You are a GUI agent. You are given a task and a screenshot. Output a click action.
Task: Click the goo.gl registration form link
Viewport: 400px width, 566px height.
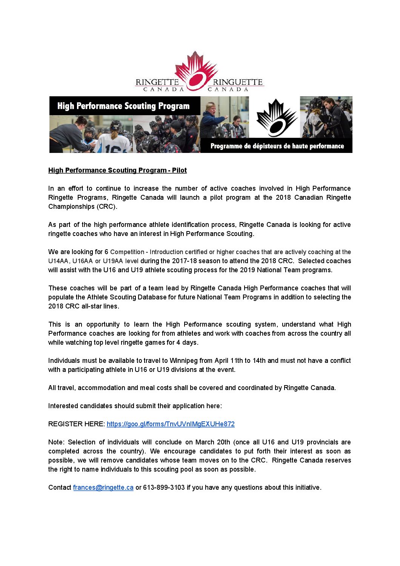(171, 424)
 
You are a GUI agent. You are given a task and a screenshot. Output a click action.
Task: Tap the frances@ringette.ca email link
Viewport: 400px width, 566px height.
(103, 487)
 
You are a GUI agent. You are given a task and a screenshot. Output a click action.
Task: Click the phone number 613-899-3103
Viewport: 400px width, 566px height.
(164, 487)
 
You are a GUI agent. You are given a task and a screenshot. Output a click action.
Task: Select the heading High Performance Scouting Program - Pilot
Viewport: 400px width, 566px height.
(117, 170)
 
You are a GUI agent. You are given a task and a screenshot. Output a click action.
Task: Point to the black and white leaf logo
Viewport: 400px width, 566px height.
(277, 118)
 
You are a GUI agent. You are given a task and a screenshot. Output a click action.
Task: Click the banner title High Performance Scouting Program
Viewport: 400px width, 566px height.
(123, 106)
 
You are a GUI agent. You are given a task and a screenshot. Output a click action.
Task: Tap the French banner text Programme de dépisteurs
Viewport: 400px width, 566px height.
(277, 146)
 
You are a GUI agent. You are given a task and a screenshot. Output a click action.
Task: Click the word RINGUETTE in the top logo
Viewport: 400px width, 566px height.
(237, 82)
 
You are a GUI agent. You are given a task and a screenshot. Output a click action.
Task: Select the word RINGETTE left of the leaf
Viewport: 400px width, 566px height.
(157, 82)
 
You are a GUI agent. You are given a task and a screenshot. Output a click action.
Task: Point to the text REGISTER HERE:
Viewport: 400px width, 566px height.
(76, 424)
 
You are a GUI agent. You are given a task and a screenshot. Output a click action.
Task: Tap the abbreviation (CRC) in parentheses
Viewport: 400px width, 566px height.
(107, 207)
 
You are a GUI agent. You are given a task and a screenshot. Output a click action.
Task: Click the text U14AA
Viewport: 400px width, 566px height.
(58, 261)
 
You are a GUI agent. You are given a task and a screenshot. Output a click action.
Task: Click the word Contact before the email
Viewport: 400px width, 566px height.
(60, 487)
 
